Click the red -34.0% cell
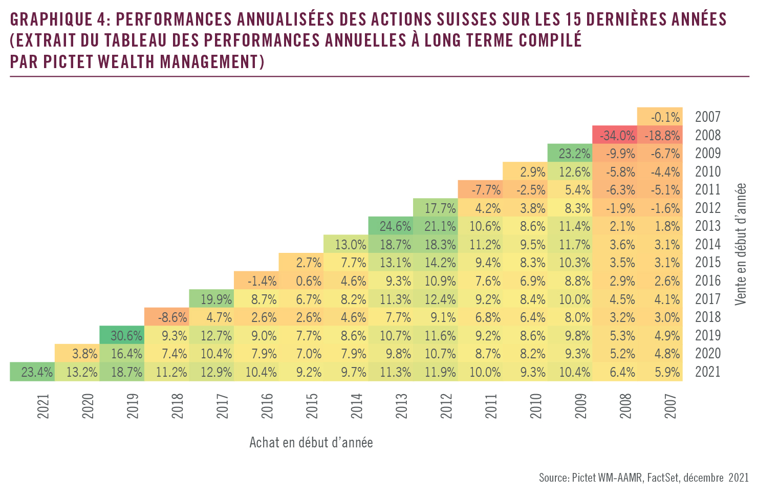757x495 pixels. pyautogui.click(x=615, y=135)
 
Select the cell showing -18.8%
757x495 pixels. pyautogui.click(x=660, y=135)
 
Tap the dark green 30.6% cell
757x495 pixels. pyautogui.click(x=122, y=336)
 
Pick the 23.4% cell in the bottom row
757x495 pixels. pyautogui.click(x=32, y=372)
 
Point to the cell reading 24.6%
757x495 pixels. pyautogui.click(x=391, y=226)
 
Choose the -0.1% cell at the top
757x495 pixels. pyautogui.click(x=660, y=117)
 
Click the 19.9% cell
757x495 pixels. pyautogui.click(x=211, y=299)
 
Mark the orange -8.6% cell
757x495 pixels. pyautogui.click(x=166, y=317)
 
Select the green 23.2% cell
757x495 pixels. pyautogui.click(x=570, y=154)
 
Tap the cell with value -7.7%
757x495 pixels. pyautogui.click(x=480, y=190)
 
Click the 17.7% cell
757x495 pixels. pyautogui.click(x=435, y=208)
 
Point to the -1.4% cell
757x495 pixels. pyautogui.click(x=256, y=281)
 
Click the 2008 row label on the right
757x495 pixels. pyautogui.click(x=708, y=135)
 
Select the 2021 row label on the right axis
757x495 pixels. pyautogui.click(x=708, y=372)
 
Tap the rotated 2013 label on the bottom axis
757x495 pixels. pyautogui.click(x=402, y=406)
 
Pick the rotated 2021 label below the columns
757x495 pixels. pyautogui.click(x=44, y=406)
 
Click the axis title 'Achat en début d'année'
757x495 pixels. pyautogui.click(x=311, y=442)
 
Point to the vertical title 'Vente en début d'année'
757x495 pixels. pyautogui.click(x=741, y=244)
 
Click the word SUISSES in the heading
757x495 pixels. pyautogui.click(x=466, y=19)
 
